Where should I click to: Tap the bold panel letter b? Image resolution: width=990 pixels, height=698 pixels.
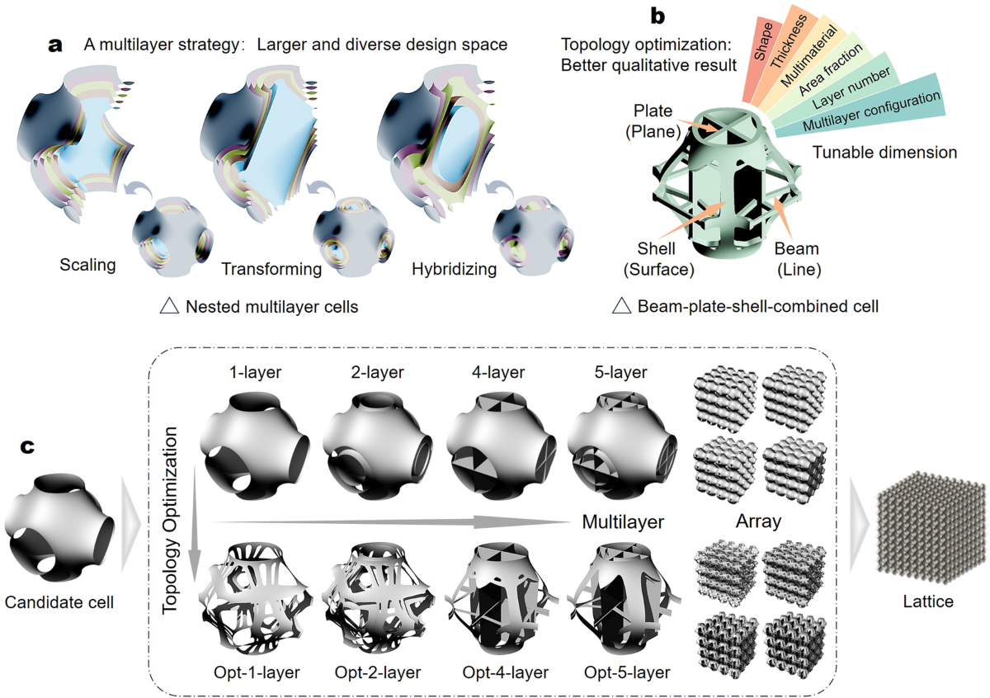658,15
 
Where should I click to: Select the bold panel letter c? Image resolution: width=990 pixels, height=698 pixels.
27,446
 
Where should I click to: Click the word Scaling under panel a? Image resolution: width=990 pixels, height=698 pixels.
87,266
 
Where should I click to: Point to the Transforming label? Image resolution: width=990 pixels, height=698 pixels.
271,269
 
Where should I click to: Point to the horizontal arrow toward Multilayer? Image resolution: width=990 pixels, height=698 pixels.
396,521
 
